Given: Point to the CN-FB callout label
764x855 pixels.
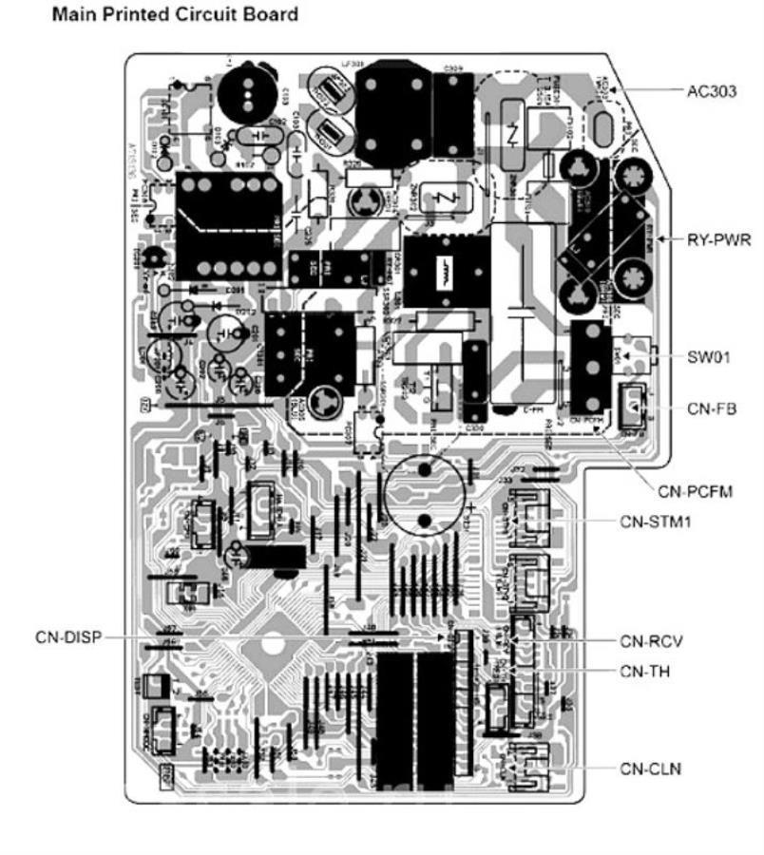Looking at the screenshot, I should click(x=709, y=408).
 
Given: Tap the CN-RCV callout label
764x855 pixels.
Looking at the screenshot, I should click(x=652, y=641).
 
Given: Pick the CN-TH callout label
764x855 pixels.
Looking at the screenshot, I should click(x=645, y=671).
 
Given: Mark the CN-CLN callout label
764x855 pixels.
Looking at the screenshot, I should click(x=651, y=767).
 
